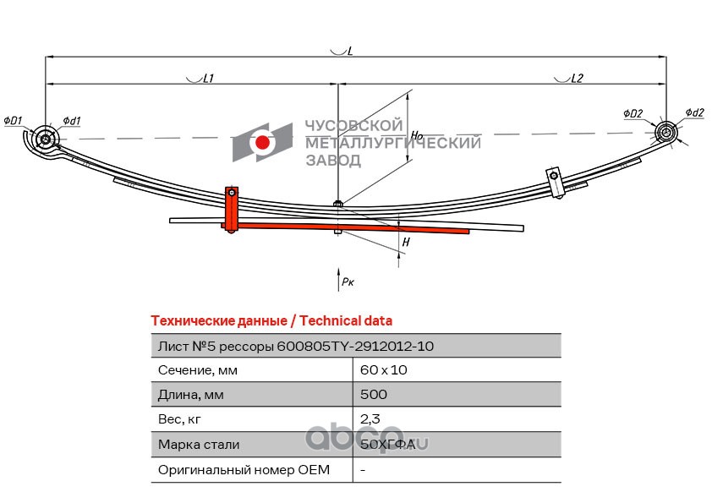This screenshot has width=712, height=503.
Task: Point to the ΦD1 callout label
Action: tap(13, 120)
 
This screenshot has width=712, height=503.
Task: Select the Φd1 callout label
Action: tap(71, 120)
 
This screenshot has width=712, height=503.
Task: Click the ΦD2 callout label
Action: tap(633, 113)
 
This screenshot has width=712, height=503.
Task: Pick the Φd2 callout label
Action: tap(695, 112)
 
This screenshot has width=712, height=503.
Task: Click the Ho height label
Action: tap(417, 134)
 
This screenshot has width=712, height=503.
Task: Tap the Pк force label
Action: tap(348, 282)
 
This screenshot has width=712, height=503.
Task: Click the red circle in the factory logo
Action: tap(262, 142)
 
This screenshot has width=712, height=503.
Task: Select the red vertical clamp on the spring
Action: tap(232, 210)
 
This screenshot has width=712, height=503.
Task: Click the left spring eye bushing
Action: tap(46, 139)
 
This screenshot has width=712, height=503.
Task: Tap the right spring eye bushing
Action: tap(666, 133)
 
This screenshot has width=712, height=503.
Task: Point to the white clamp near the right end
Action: tap(555, 183)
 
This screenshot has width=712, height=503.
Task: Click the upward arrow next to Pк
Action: tap(339, 279)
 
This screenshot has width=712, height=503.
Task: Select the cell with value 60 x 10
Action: tap(457, 369)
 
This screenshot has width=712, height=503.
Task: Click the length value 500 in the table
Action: tap(374, 394)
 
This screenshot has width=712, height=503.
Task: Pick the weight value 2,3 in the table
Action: tap(370, 419)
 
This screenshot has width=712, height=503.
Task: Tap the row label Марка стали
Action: tap(199, 445)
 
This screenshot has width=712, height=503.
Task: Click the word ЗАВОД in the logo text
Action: tap(333, 160)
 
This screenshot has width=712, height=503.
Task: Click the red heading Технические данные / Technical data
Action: tap(271, 321)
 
